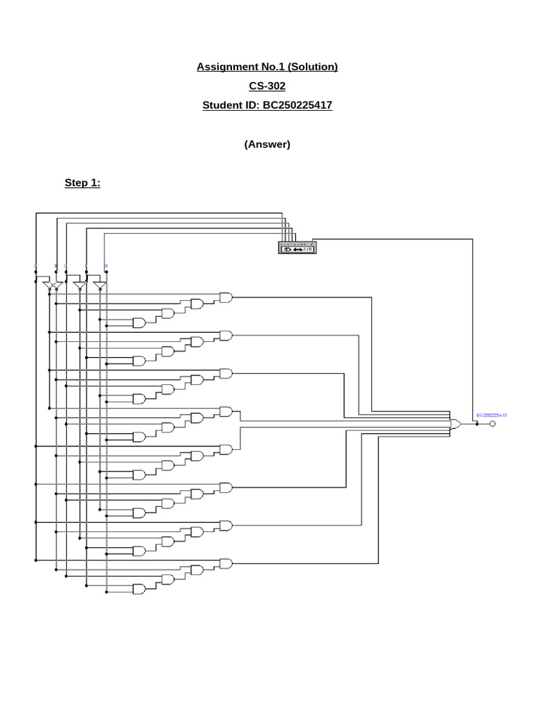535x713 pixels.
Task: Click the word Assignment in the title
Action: [226, 67]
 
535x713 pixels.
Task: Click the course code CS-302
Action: [267, 86]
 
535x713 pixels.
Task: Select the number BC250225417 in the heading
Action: [297, 106]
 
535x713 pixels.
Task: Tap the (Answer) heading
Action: [267, 144]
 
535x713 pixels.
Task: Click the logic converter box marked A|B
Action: [297, 249]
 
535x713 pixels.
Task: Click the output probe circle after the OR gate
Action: [493, 424]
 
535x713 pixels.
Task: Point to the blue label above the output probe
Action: [491, 415]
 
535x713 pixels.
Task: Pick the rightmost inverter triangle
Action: [99, 286]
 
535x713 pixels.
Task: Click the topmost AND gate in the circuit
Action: [226, 297]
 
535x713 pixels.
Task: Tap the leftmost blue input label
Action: [36, 266]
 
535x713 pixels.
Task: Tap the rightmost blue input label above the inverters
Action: [107, 266]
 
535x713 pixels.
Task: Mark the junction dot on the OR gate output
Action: [476, 424]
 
